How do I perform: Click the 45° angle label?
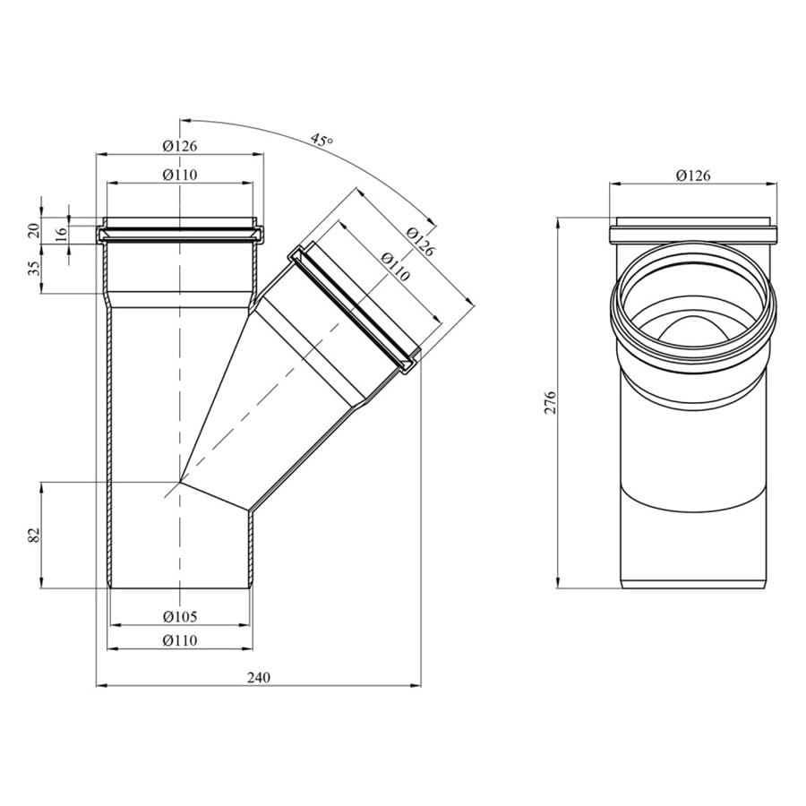click(x=322, y=140)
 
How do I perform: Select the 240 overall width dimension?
click(x=258, y=678)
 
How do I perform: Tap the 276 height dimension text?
click(x=551, y=403)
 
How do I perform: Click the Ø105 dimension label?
click(x=180, y=616)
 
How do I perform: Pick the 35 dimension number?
click(x=34, y=269)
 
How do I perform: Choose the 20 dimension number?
click(x=34, y=230)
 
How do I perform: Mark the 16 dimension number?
click(x=61, y=236)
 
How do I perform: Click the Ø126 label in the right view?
click(x=693, y=176)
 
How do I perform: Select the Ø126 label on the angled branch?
click(x=421, y=242)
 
